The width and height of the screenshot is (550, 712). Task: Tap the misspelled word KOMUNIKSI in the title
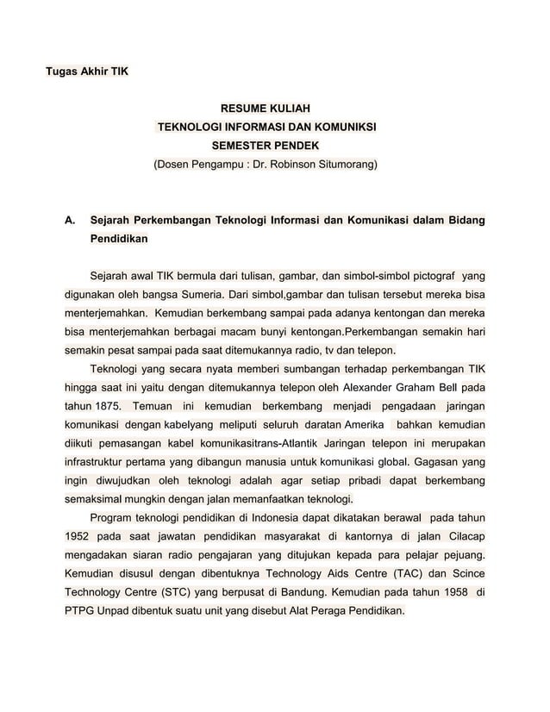[345, 128]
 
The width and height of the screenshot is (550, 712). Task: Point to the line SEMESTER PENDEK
[265, 146]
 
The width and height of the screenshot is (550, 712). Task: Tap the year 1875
[106, 405]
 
